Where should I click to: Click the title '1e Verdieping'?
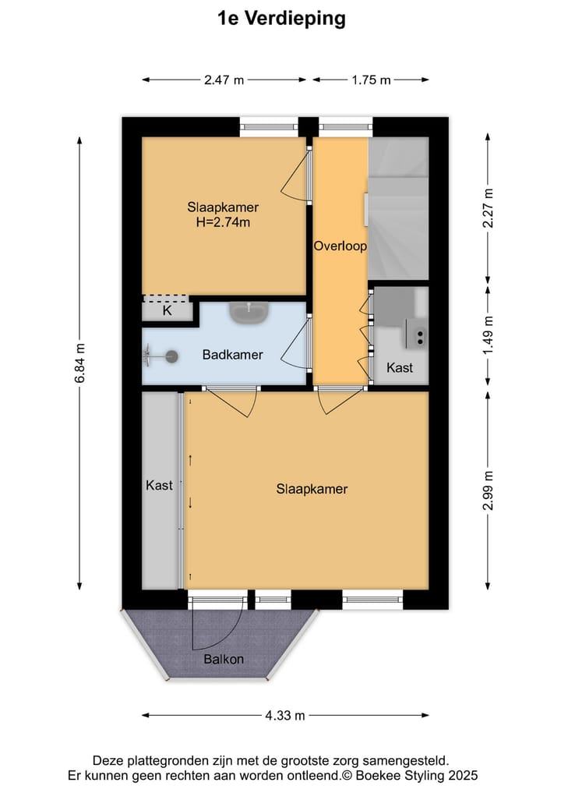[x=280, y=19]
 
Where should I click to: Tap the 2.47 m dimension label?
[x=224, y=80]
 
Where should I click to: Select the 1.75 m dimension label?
[x=371, y=80]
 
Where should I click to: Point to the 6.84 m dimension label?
[x=79, y=363]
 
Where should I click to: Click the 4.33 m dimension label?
[x=284, y=715]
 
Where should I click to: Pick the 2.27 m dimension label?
[x=489, y=208]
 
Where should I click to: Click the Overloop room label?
[x=340, y=246]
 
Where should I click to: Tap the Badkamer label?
[x=232, y=355]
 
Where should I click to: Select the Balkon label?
[x=224, y=659]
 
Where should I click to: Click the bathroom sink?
[x=249, y=313]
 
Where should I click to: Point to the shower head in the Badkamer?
[x=171, y=356]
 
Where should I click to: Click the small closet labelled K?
[x=166, y=310]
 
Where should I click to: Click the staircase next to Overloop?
[x=398, y=208]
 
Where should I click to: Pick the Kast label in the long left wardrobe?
[x=159, y=485]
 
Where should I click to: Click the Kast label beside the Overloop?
[x=400, y=367]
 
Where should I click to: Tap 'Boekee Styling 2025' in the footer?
[x=416, y=775]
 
